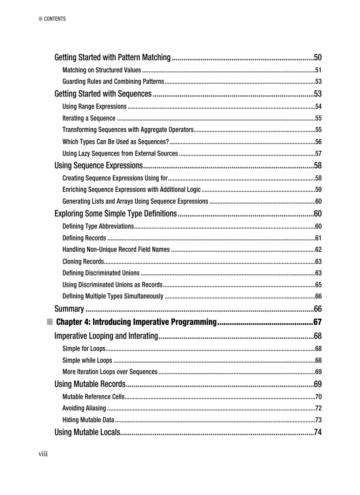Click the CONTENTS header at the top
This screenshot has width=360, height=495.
tap(55, 19)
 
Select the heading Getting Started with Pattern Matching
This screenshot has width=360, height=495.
tap(112, 57)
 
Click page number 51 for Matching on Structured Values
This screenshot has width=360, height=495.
tap(318, 70)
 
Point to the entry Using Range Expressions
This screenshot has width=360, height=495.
tap(94, 106)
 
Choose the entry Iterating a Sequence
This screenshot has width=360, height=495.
tap(89, 118)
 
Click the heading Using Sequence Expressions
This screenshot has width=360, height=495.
tap(98, 166)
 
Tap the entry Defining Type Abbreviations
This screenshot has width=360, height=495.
tap(98, 226)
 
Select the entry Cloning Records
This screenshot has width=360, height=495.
tap(83, 261)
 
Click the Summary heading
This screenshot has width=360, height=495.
tap(69, 309)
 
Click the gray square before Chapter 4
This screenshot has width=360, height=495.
tap(49, 321)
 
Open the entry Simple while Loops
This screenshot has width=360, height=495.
tap(87, 360)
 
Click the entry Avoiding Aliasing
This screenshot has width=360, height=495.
tap(84, 408)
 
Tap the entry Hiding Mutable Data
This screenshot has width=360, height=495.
tap(88, 420)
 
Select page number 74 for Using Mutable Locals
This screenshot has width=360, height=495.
tap(317, 432)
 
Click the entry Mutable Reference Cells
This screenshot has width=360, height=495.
tap(94, 396)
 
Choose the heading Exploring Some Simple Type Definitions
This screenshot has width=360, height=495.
tap(116, 214)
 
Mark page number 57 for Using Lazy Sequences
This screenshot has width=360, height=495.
tap(318, 153)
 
